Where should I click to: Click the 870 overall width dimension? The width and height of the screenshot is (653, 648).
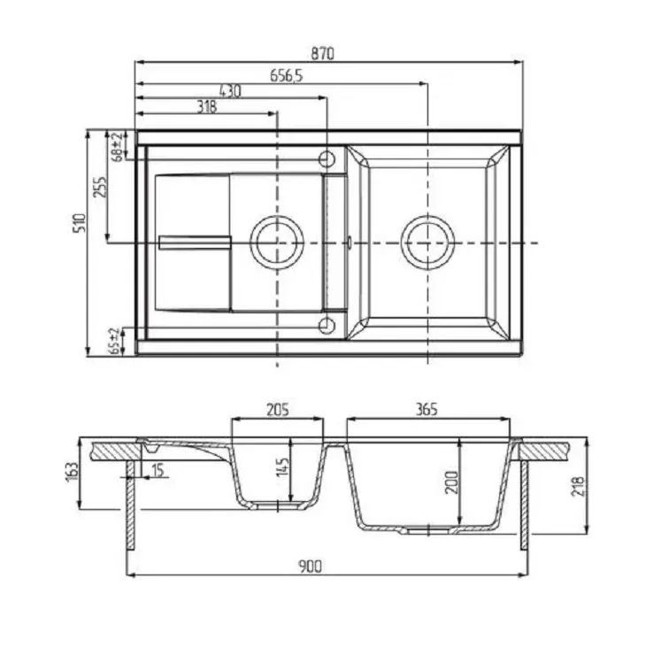pos(323,54)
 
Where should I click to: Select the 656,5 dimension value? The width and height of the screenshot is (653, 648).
pos(287,76)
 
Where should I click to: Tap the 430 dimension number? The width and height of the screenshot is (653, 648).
pos(230,91)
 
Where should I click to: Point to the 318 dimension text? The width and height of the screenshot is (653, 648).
pos(207,107)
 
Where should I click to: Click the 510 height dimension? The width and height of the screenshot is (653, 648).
pos(80,223)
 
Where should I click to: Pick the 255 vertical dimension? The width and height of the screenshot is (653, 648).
pos(100,187)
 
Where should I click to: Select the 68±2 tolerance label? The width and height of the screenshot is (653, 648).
pos(118,146)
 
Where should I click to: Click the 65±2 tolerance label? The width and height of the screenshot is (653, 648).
pos(114,342)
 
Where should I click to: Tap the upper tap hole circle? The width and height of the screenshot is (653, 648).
pos(326,158)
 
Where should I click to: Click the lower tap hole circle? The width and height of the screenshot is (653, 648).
pos(326,326)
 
